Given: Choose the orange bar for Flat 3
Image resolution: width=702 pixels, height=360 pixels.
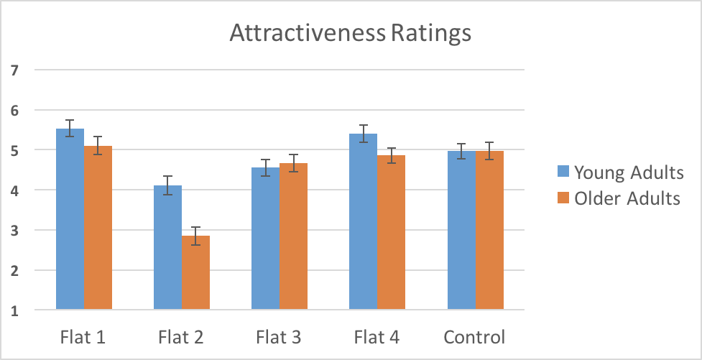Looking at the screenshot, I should click(293, 237).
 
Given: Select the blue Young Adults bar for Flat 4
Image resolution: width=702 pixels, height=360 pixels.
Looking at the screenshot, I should click(363, 222).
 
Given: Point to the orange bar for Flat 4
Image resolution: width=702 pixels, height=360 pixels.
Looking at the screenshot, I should click(391, 233).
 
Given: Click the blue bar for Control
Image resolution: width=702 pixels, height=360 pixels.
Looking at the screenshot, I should click(462, 231).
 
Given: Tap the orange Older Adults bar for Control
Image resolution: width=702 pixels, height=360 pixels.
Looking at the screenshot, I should click(489, 231).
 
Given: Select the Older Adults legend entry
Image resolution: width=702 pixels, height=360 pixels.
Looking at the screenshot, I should click(619, 199).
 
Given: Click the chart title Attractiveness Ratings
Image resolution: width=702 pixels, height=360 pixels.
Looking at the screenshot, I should click(350, 33).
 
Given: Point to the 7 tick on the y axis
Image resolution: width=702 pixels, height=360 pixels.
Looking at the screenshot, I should click(14, 70).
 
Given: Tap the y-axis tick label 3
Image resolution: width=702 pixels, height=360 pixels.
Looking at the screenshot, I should click(14, 231).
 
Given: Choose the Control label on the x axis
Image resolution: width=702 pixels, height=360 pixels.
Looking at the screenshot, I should click(474, 337).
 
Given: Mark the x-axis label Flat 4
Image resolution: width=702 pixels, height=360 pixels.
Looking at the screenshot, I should click(377, 337).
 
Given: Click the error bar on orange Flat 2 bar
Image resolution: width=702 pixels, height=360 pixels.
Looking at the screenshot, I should click(195, 236).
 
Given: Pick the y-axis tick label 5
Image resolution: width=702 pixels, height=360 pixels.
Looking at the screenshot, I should click(14, 150).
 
